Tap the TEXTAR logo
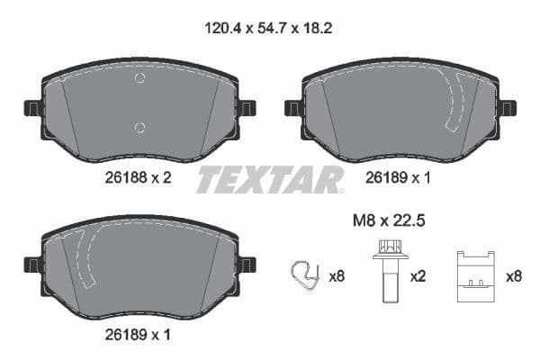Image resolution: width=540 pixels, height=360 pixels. (x=269, y=179)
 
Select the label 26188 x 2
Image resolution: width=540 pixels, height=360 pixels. (x=133, y=178)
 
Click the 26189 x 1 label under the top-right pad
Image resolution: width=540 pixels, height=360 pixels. (x=396, y=178)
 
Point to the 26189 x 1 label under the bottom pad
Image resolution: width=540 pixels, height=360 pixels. (x=133, y=335)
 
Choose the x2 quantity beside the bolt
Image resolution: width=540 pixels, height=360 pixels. (x=418, y=277)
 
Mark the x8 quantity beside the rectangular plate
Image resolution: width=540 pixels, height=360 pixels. (x=514, y=277)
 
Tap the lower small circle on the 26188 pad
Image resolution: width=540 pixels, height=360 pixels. (x=139, y=126)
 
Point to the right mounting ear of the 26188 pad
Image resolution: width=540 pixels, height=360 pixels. (x=247, y=108)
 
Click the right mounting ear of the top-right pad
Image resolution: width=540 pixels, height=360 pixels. (x=508, y=108)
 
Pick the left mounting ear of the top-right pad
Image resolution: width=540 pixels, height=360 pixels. (x=293, y=108)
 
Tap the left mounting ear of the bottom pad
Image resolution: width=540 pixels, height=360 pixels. (x=32, y=264)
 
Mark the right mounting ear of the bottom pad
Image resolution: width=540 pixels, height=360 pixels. (x=247, y=264)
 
